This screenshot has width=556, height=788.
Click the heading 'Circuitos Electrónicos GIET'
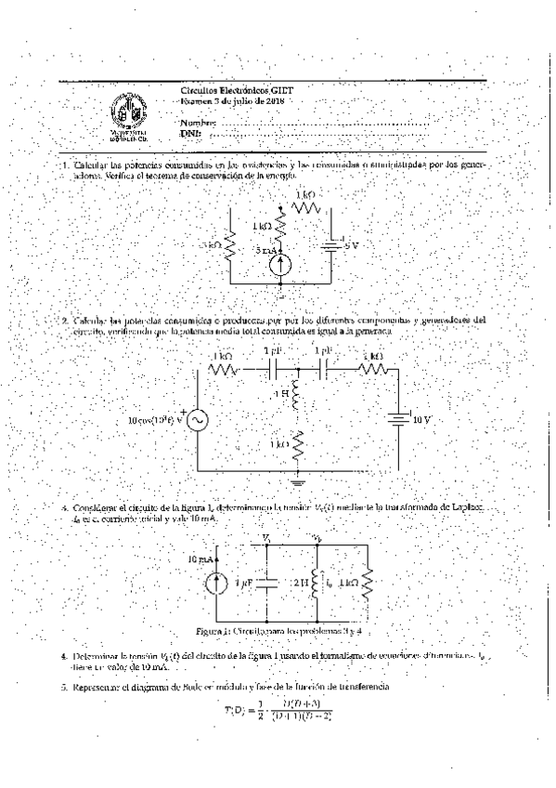(x=231, y=90)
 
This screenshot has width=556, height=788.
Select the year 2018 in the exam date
(x=273, y=100)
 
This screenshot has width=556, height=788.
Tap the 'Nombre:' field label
(x=198, y=122)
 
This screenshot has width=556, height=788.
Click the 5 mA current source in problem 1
(x=282, y=263)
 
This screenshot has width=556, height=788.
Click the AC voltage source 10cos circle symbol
(x=197, y=420)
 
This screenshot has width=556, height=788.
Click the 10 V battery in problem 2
(x=397, y=419)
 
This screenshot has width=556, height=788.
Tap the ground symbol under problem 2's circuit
(x=298, y=481)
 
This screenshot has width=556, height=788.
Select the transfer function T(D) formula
(x=278, y=707)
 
